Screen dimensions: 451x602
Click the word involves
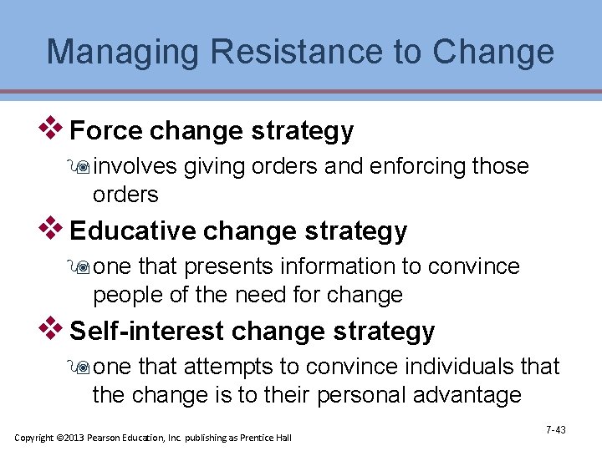click(x=135, y=167)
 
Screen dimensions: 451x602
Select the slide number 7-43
click(x=555, y=430)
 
